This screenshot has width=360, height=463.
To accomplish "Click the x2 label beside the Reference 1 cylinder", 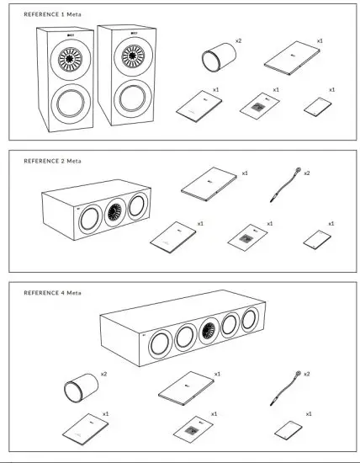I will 238,40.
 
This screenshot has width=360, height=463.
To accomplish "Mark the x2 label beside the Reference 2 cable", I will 306,173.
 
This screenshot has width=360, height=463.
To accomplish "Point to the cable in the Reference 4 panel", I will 284,390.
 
